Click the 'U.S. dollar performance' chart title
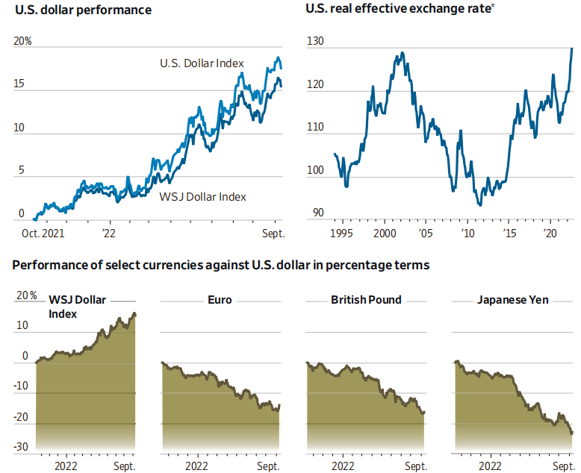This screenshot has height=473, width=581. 83,10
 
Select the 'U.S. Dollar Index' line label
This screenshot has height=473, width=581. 202,63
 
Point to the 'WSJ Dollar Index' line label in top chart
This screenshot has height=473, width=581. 202,197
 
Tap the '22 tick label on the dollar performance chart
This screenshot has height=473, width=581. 110,233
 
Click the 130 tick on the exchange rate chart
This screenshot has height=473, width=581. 316,43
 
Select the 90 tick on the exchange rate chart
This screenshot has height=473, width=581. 317,213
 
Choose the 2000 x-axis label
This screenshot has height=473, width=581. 385,233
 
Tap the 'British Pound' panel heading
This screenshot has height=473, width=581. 366,300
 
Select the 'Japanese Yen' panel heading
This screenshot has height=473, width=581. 513,300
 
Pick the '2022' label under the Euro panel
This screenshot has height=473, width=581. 196,466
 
